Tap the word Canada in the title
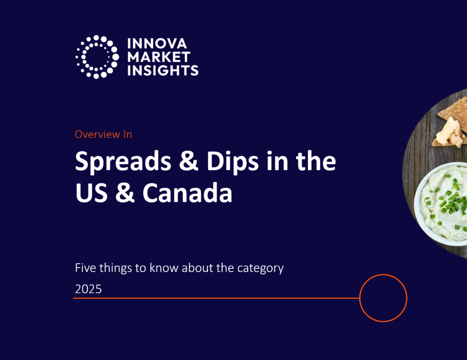187,193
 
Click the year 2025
88,289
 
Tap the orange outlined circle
383,298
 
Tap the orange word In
127,134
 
